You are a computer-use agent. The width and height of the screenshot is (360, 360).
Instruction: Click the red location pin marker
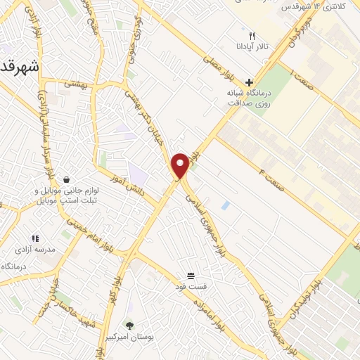click(180, 165)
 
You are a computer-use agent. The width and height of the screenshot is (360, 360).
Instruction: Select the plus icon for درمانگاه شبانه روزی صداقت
click(249, 82)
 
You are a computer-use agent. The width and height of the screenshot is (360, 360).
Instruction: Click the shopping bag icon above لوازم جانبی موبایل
click(65, 179)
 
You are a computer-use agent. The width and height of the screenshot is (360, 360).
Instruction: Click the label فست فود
click(191, 287)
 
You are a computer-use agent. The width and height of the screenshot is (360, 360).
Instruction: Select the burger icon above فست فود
click(191, 275)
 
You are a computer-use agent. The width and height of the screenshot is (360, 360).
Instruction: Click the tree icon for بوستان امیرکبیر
click(129, 325)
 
